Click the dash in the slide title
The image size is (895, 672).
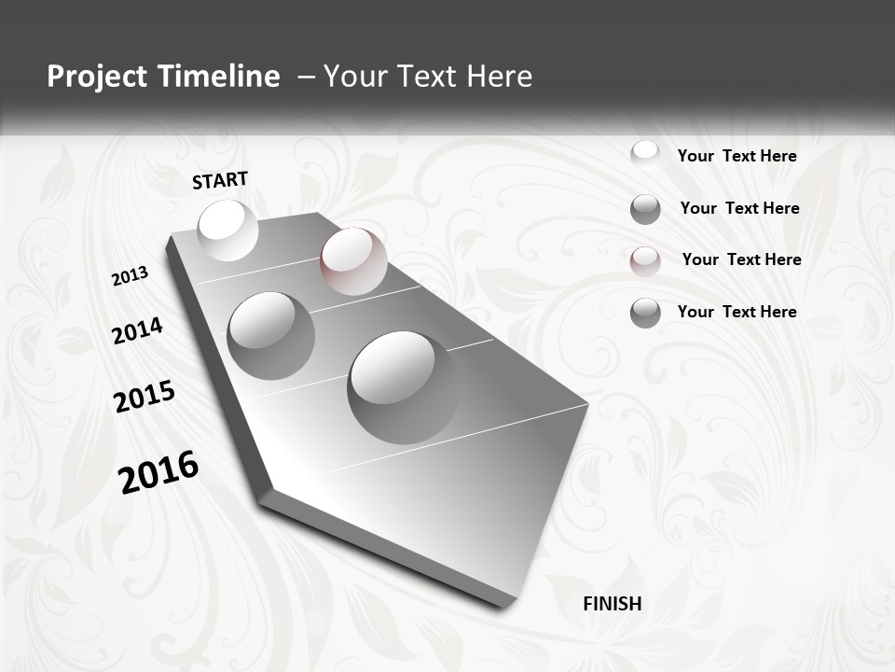point(306,77)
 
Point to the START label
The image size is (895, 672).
point(220,180)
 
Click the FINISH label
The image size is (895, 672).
point(613,604)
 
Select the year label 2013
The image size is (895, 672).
point(130,276)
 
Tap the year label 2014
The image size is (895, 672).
point(137,331)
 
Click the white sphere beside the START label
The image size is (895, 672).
point(228,230)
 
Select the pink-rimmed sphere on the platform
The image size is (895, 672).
point(353,260)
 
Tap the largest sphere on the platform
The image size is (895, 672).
point(403,386)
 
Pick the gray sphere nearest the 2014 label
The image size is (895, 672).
point(270,335)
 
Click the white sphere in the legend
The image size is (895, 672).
point(645,153)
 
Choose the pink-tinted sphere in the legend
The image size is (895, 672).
point(645,261)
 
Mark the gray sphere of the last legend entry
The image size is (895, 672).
point(645,314)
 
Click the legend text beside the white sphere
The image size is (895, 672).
point(737,156)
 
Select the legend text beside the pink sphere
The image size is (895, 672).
point(741,259)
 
